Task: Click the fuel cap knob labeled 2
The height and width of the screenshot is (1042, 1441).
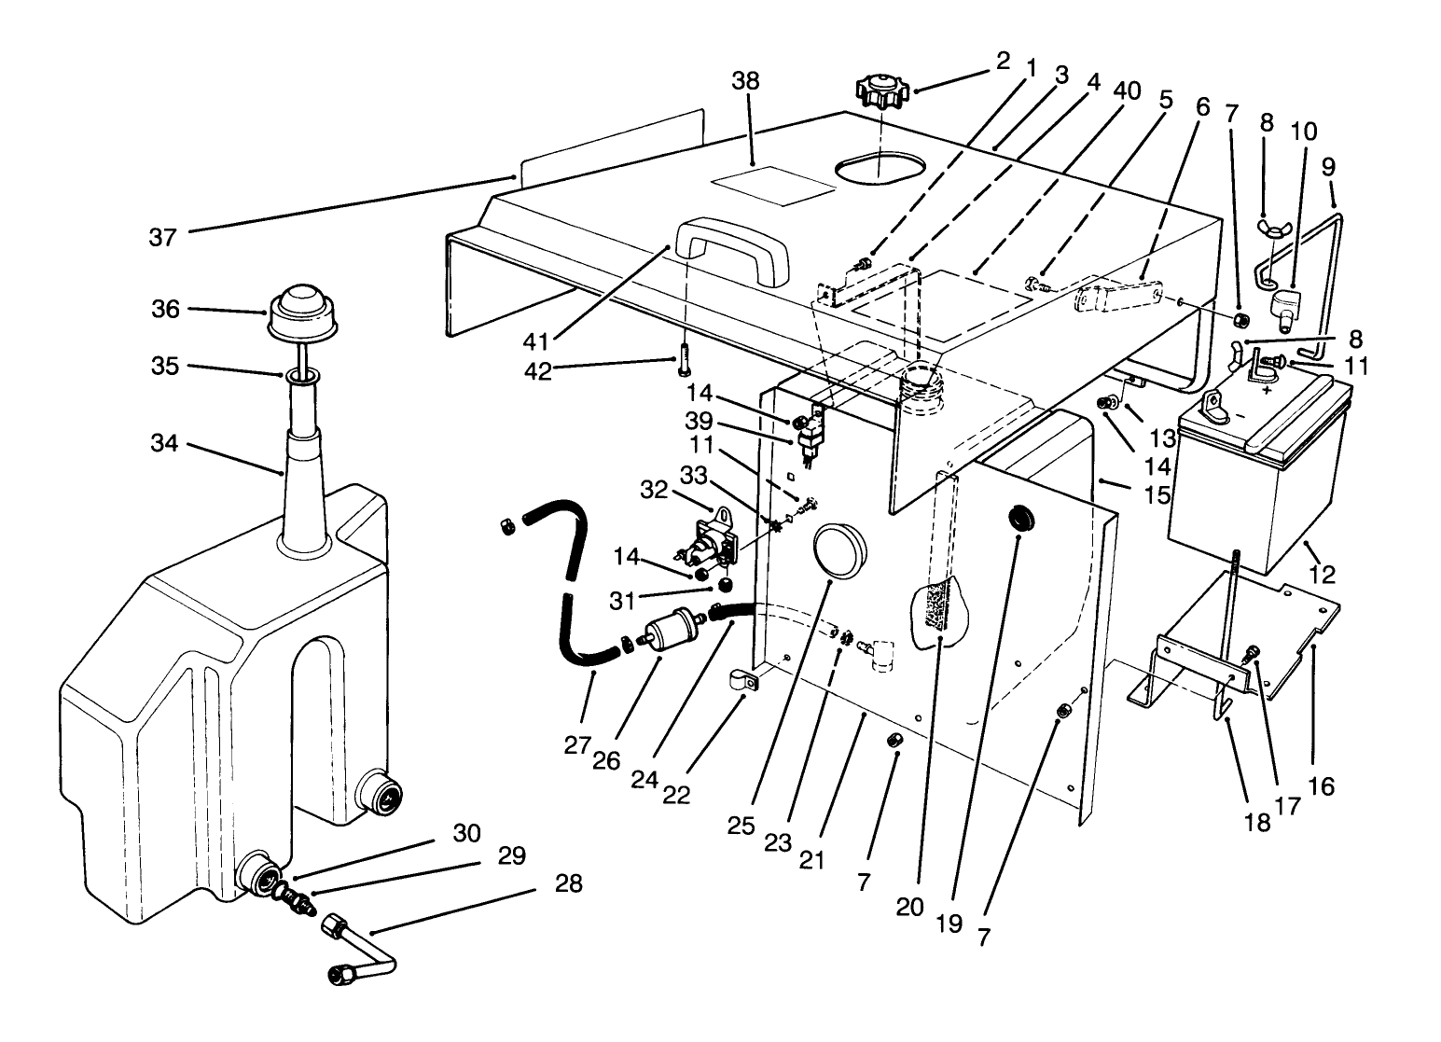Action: coord(880,93)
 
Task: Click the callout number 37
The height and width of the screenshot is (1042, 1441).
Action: coord(162,239)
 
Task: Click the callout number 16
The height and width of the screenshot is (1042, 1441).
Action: coord(1322,785)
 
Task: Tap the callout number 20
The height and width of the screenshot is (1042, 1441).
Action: coord(910,906)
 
